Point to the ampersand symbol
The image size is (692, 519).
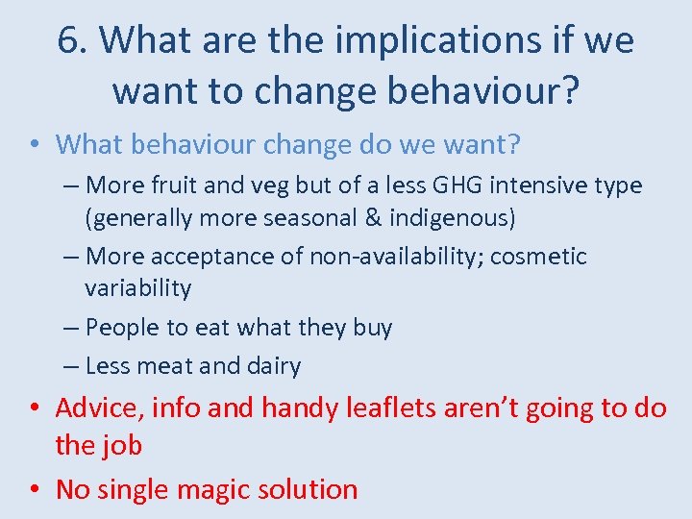371,217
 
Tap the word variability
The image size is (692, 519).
138,288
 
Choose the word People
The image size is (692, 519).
123,328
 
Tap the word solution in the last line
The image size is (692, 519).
312,489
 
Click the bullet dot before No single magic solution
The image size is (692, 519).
36,489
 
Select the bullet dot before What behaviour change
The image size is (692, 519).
36,145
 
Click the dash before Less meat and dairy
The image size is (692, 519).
73,366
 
